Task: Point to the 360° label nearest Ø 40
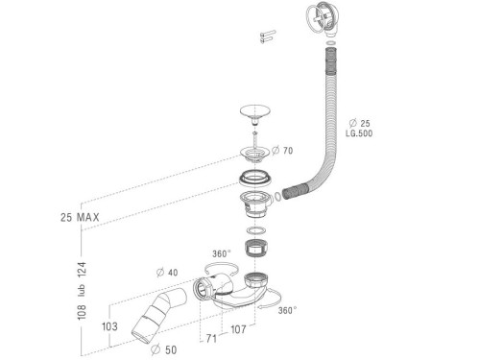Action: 220,253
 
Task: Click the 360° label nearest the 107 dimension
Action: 288,310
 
